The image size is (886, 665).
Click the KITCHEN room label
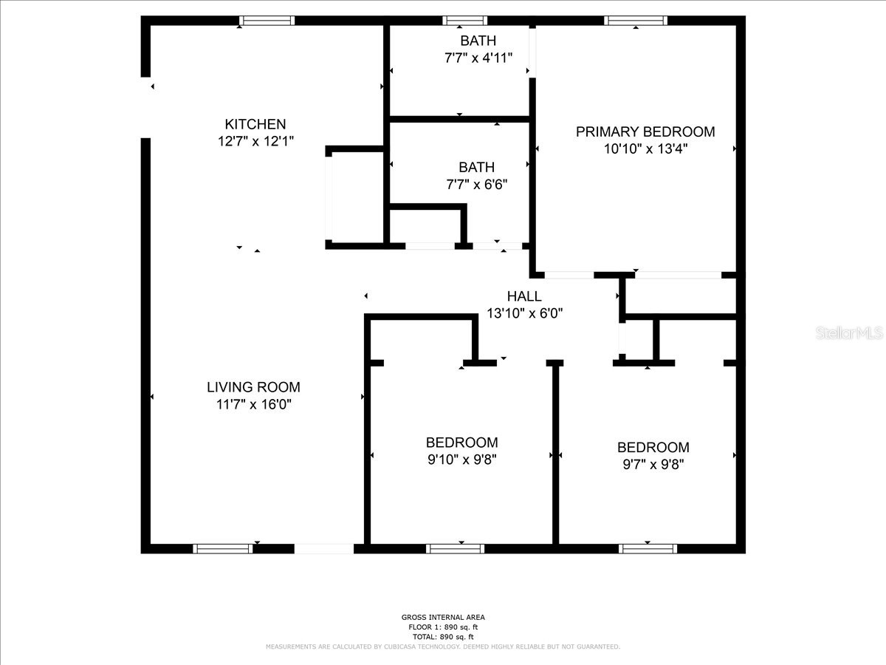[255, 124]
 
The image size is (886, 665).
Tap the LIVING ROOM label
[253, 386]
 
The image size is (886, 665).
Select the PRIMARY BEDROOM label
[645, 132]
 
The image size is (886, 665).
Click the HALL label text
[524, 296]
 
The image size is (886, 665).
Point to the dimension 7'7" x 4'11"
[478, 58]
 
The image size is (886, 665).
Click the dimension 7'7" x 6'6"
[476, 184]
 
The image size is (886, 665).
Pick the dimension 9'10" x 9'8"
[461, 460]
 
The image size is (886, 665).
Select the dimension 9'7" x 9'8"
[653, 464]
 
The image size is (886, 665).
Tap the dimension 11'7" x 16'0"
[253, 404]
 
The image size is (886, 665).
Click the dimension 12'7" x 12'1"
[255, 141]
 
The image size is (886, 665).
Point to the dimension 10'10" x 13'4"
[645, 149]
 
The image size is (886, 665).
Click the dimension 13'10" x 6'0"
[524, 313]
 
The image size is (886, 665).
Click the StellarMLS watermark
[849, 333]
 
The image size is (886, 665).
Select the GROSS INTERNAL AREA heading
[443, 617]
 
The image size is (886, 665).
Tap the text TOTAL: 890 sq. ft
[443, 636]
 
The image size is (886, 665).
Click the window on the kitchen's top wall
[267, 21]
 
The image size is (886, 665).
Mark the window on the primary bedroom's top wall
[636, 21]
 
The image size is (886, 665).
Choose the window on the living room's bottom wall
[223, 548]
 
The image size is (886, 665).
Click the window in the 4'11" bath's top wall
[464, 21]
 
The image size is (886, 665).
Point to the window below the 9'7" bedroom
[648, 548]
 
